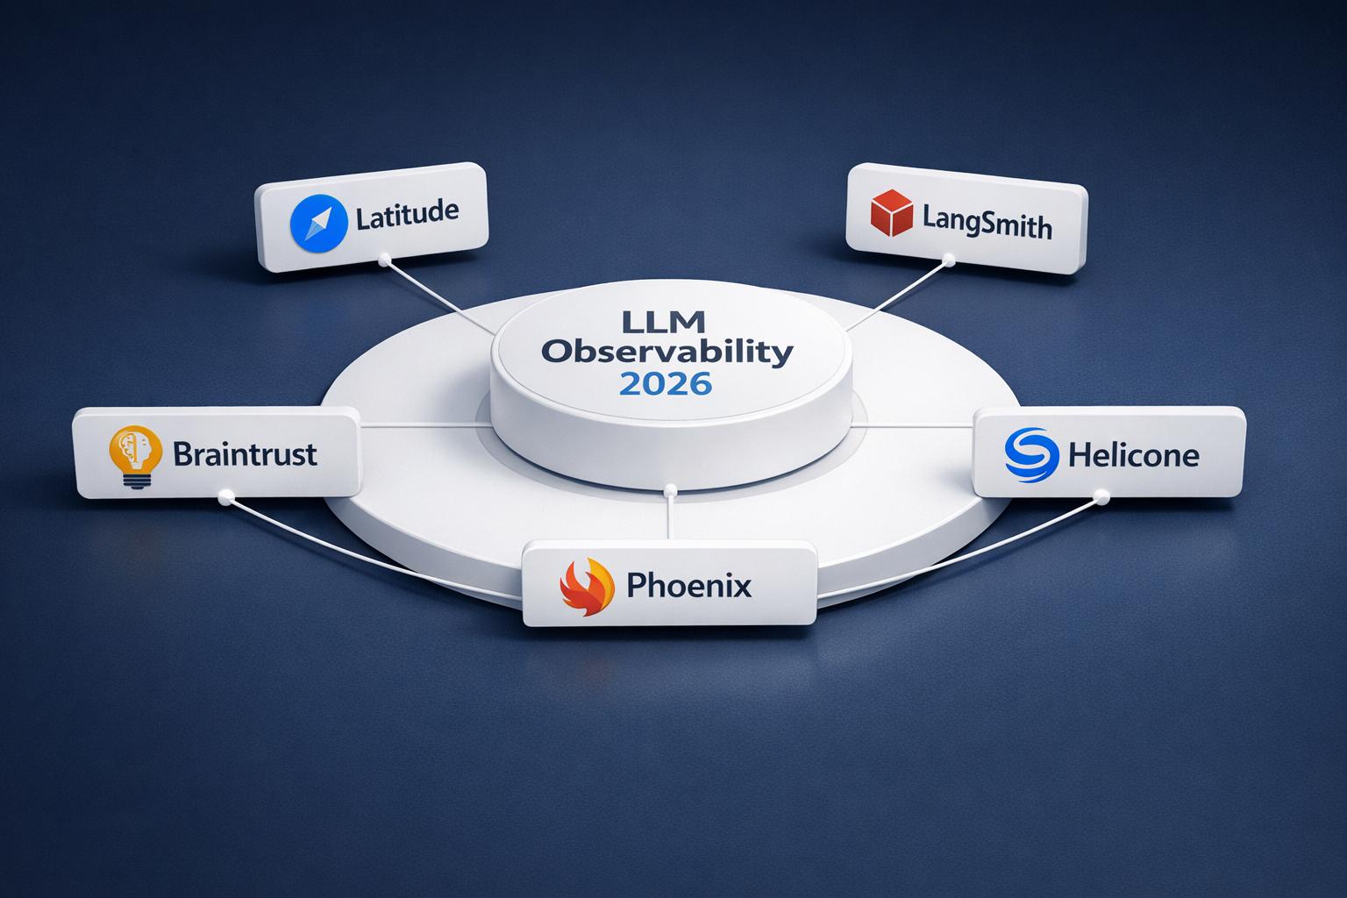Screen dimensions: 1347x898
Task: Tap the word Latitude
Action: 407,214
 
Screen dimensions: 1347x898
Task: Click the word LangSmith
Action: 987,224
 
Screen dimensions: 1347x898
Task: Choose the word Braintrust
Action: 245,454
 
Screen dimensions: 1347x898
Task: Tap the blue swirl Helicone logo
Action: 1030,453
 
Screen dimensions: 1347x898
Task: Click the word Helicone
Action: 1134,455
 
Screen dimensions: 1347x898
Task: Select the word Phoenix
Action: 689,585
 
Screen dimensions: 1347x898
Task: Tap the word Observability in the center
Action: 666,353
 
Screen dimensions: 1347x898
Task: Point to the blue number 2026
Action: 666,383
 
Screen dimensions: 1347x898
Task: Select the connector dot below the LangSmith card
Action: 947,260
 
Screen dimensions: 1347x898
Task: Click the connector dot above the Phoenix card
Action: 669,488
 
